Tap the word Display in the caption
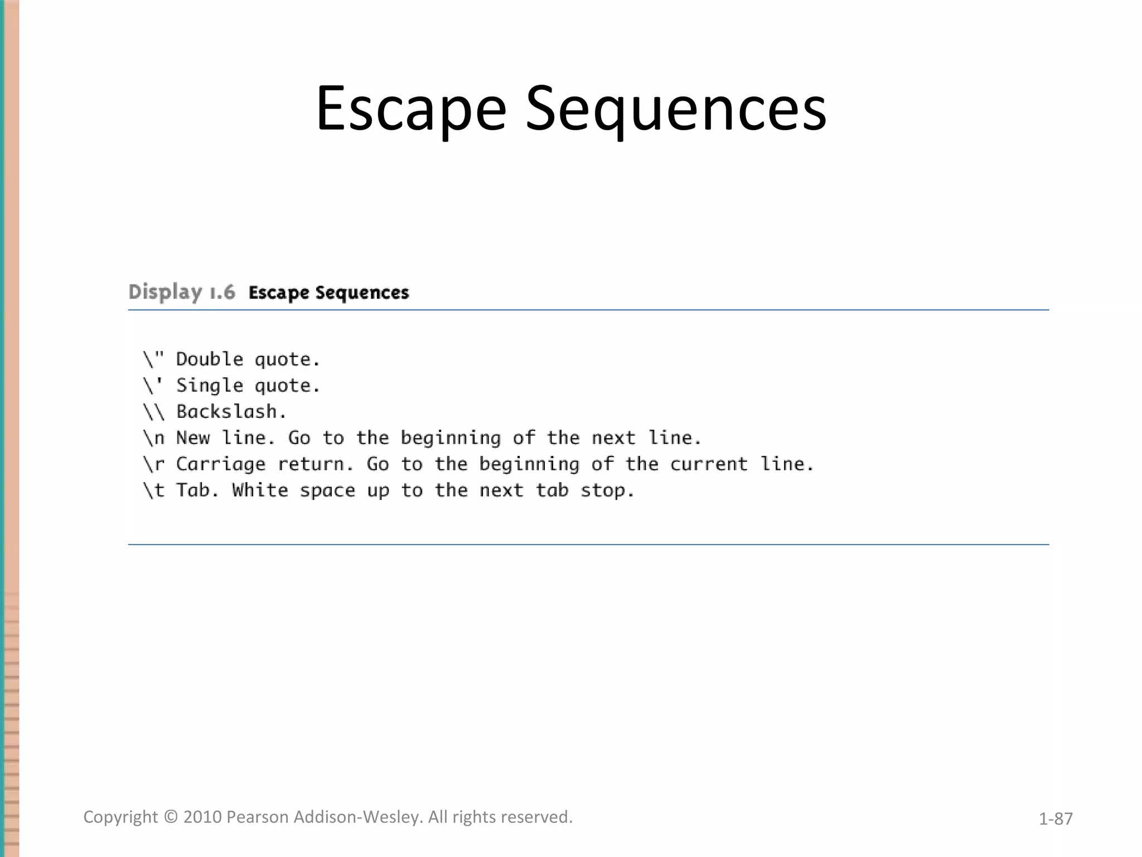pyautogui.click(x=165, y=292)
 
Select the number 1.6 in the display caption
pyautogui.click(x=222, y=292)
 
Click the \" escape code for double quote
pyautogui.click(x=153, y=359)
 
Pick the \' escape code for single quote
pyautogui.click(x=153, y=385)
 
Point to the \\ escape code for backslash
pyautogui.click(x=154, y=411)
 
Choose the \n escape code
pyautogui.click(x=154, y=438)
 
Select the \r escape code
pyautogui.click(x=154, y=464)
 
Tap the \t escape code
pyautogui.click(x=154, y=490)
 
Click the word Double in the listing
pyautogui.click(x=210, y=359)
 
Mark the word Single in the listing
pyautogui.click(x=210, y=386)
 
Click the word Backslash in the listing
pyautogui.click(x=227, y=411)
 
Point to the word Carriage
pyautogui.click(x=221, y=464)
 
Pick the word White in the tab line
pyautogui.click(x=260, y=490)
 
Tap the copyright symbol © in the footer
pyautogui.click(x=171, y=817)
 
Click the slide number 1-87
pyautogui.click(x=1056, y=819)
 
